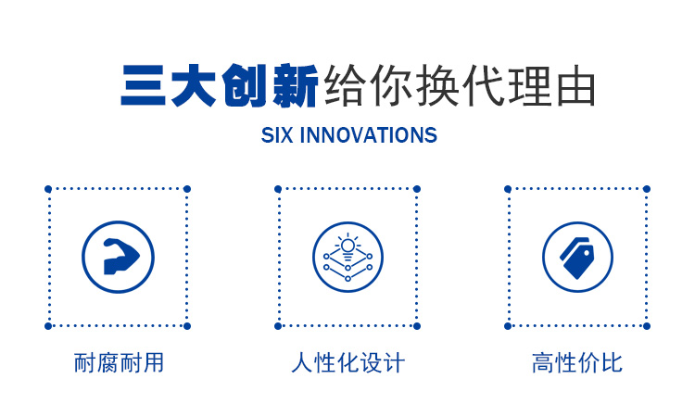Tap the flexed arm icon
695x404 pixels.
click(x=120, y=257)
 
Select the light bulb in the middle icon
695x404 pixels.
click(x=347, y=246)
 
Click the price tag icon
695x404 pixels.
click(x=577, y=258)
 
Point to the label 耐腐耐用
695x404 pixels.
click(x=119, y=363)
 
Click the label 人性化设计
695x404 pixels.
click(x=347, y=363)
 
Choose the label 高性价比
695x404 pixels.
click(x=577, y=363)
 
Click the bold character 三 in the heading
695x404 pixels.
click(x=143, y=85)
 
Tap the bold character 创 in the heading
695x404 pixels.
click(x=245, y=85)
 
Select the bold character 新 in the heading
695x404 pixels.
click(x=296, y=85)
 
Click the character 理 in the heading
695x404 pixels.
click(x=530, y=85)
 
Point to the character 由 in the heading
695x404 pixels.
click(x=576, y=85)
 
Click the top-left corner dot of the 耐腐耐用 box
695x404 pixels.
click(x=48, y=189)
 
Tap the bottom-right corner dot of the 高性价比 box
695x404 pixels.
click(x=647, y=326)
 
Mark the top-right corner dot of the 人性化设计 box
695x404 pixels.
click(x=417, y=189)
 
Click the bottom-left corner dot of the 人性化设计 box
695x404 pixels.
click(x=278, y=326)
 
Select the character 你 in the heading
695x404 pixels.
click(x=391, y=85)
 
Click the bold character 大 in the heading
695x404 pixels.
click(x=194, y=85)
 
